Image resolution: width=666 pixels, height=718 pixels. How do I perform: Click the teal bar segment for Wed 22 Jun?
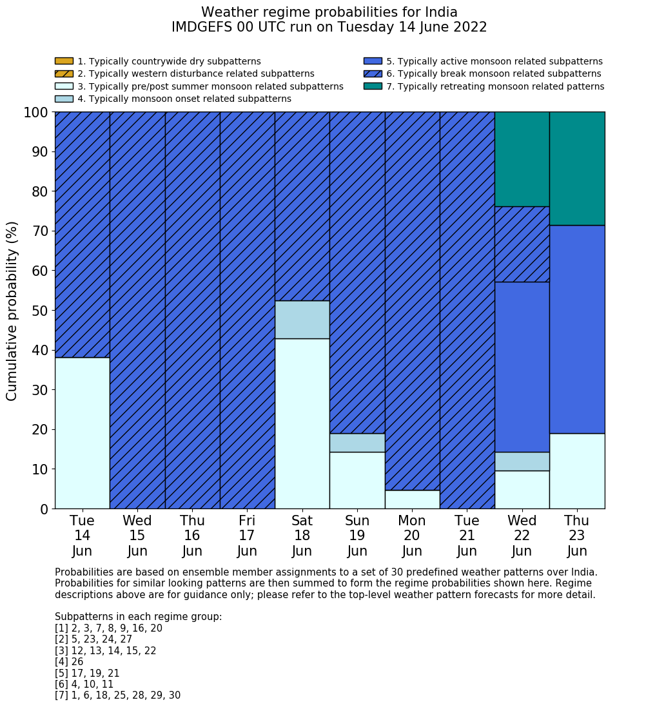tap(522, 159)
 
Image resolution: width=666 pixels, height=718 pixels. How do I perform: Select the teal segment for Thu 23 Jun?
tap(577, 168)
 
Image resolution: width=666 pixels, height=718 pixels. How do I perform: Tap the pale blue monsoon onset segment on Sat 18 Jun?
tap(302, 320)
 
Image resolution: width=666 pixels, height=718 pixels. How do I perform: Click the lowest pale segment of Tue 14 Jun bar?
tap(82, 433)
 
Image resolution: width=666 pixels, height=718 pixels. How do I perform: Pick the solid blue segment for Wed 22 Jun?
tap(522, 367)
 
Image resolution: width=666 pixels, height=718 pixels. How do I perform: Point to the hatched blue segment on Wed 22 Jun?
tap(522, 244)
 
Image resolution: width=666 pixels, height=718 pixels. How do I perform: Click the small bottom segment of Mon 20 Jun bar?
tap(412, 500)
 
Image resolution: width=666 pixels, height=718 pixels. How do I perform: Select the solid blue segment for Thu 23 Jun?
tap(577, 329)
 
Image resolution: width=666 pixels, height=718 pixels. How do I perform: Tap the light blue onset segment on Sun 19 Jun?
tap(357, 443)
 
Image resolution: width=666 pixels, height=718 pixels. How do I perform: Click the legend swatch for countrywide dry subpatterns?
tap(64, 61)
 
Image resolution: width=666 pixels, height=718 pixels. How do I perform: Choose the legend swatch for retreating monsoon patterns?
tap(373, 86)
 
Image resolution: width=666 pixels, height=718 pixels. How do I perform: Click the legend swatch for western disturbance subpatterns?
tap(64, 73)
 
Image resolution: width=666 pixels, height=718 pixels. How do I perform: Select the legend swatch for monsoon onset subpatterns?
tap(64, 99)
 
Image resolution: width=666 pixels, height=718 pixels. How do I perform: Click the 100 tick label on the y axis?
tap(35, 113)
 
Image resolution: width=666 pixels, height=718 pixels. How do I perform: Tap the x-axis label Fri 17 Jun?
tap(247, 536)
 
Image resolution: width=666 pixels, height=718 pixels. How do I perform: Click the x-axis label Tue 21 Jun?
tap(467, 536)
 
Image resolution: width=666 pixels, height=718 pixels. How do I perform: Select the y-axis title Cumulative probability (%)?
tap(12, 311)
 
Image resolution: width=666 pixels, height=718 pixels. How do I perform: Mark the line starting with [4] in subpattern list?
tap(69, 662)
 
